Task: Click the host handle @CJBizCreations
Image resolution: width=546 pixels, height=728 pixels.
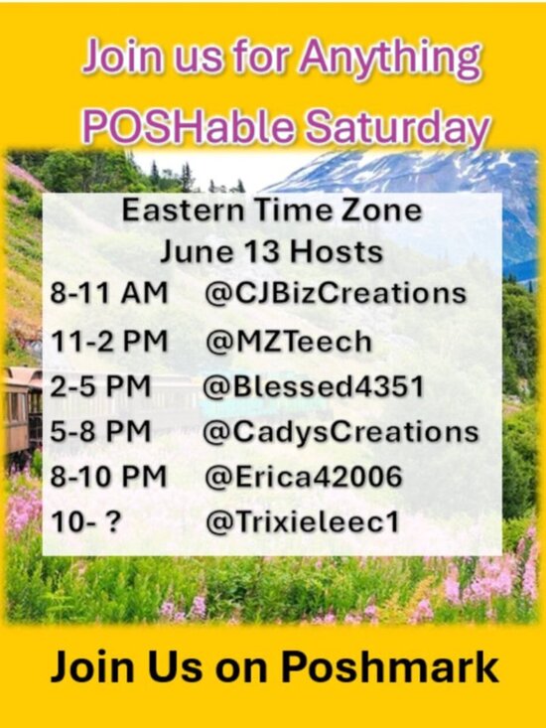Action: point(335,293)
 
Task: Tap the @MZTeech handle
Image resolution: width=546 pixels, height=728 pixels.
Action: point(288,342)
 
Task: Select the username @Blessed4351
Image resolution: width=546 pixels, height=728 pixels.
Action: point(314,386)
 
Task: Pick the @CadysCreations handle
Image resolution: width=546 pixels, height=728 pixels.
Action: point(341,432)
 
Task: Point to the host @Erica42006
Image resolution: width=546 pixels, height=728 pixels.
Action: point(304,477)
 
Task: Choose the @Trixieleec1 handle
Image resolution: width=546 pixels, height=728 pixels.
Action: point(302,522)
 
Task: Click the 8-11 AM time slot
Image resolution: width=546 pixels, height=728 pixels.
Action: point(108,293)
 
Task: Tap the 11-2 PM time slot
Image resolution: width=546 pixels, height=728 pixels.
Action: point(108,342)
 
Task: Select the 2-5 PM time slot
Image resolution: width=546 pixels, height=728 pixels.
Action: point(100,386)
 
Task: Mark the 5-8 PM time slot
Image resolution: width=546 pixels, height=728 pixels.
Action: point(100,432)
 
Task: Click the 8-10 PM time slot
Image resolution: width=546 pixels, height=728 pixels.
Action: point(108,477)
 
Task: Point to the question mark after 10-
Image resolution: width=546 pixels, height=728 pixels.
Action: point(113,522)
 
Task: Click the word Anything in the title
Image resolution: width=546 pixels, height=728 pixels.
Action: point(390,59)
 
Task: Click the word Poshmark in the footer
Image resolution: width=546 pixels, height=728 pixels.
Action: point(389,667)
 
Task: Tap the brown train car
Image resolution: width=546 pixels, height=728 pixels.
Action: point(22,407)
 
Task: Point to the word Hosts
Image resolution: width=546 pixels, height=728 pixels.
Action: point(337,252)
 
